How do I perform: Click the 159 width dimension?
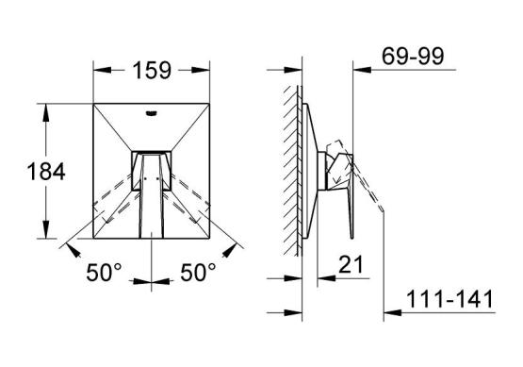152,71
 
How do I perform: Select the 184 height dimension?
46,172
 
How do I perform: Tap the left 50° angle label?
105,272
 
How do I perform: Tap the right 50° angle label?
199,272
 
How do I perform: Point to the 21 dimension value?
351,264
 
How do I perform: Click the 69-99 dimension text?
413,56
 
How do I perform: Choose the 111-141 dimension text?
449,299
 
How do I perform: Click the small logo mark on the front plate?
152,113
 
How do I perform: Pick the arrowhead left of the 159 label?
102,70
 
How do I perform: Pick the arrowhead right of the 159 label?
201,70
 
